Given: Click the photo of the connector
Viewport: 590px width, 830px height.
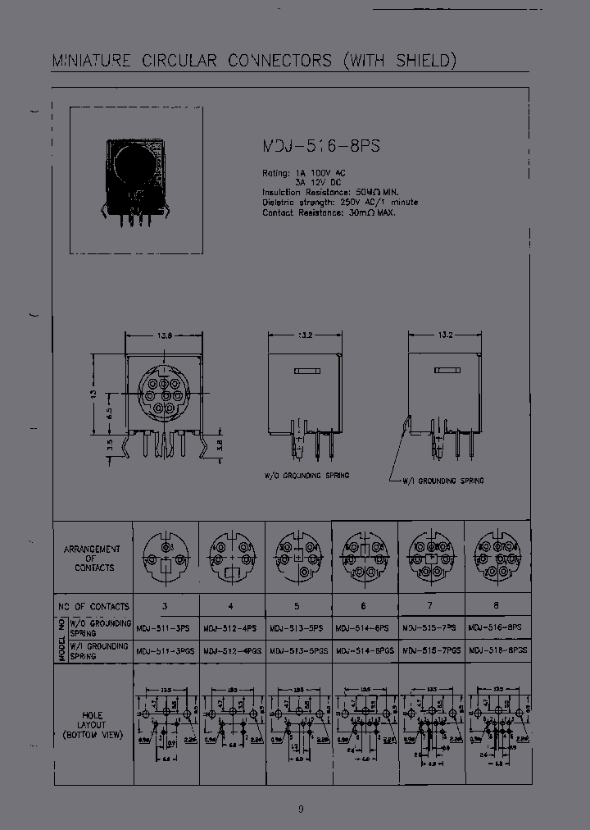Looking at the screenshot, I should [x=136, y=180].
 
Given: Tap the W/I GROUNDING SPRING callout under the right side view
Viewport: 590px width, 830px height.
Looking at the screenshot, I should [x=442, y=481].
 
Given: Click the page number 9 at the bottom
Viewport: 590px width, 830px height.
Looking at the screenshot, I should [x=301, y=809].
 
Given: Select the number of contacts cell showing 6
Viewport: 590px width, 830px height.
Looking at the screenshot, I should [x=365, y=606].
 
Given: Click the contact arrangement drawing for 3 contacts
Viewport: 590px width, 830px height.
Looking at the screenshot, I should [x=167, y=554].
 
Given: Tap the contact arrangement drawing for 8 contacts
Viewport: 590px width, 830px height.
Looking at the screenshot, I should [x=497, y=554].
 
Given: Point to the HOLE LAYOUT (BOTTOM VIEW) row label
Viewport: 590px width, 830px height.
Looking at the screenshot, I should [x=93, y=726].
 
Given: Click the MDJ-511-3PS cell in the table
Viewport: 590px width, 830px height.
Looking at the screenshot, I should [x=166, y=627].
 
